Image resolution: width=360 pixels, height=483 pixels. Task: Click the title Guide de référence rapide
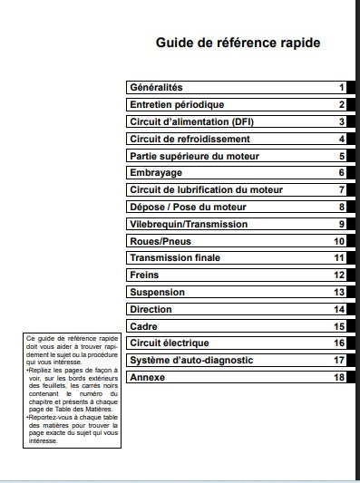pos(238,43)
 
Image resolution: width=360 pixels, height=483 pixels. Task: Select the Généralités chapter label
pos(157,87)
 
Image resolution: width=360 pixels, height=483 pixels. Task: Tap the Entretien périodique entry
pos(177,104)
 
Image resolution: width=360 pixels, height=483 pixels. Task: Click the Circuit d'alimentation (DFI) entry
pos(192,121)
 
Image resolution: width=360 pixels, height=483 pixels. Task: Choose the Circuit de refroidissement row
pos(190,139)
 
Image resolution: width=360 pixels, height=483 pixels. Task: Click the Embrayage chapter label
pos(156,172)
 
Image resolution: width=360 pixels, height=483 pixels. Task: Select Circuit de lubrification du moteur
pos(207,189)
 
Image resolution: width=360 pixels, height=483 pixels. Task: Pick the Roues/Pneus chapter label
pos(161,241)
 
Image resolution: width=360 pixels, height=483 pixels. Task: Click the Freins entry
pos(145,275)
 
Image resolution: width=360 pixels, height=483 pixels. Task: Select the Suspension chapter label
pos(157,292)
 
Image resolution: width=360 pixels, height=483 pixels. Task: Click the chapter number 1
pos(342,88)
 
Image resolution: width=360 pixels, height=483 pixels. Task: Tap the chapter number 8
pos(342,207)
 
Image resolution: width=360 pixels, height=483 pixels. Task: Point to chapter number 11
pos(339,258)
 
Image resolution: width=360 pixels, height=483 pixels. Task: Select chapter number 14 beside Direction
pos(339,309)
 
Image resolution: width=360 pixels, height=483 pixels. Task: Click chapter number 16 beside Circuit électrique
pos(339,343)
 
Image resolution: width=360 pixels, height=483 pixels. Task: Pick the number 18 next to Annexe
pos(339,377)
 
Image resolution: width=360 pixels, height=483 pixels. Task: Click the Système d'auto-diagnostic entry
pos(191,360)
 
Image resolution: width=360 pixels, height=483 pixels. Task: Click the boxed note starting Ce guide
pos(73,390)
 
